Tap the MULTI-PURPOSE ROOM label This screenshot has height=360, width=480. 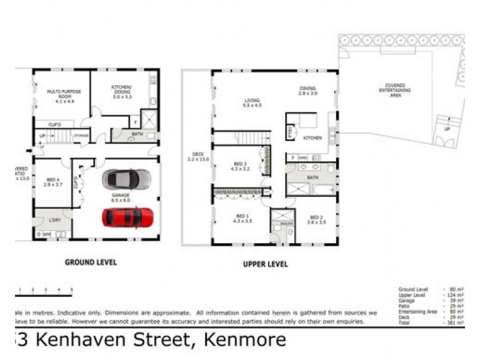(x=64, y=94)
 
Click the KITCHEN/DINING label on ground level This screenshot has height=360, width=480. (x=122, y=90)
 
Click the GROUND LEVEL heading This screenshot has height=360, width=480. (x=91, y=262)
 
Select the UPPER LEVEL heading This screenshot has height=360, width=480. (x=265, y=264)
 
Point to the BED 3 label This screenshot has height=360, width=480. (x=241, y=166)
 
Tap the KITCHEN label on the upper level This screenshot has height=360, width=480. (x=312, y=138)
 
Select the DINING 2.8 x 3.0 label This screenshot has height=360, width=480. (x=307, y=91)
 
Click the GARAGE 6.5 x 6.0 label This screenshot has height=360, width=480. (x=120, y=197)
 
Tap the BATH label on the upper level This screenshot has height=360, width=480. (x=312, y=178)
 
